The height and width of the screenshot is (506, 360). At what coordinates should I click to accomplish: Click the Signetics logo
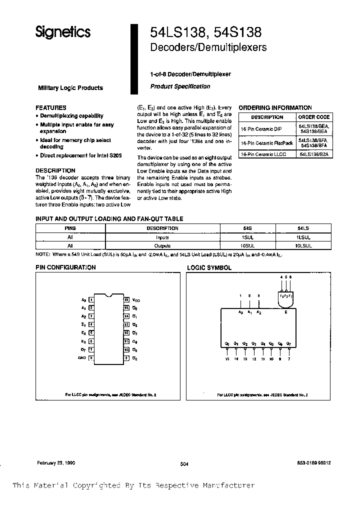click(x=62, y=32)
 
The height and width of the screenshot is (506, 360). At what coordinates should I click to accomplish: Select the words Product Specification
click(x=180, y=86)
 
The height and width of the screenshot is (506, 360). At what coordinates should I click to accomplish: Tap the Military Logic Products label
click(x=70, y=88)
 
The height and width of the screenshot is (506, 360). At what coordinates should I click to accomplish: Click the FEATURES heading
click(x=51, y=107)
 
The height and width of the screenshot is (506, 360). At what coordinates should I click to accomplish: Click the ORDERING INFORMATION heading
click(x=275, y=107)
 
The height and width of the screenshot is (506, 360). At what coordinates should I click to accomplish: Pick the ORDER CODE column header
click(x=314, y=117)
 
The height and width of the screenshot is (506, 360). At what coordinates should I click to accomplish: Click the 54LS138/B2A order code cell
click(x=314, y=155)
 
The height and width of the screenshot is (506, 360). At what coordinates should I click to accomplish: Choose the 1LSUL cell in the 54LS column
click(x=303, y=238)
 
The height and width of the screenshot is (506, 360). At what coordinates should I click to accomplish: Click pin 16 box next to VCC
click(x=127, y=300)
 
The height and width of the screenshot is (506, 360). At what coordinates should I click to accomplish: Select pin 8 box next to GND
click(x=91, y=358)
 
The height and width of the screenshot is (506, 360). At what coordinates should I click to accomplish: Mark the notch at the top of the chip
click(x=109, y=294)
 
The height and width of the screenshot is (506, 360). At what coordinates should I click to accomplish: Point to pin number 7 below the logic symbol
click(x=289, y=359)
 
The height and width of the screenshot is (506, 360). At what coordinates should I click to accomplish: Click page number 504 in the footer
click(x=184, y=464)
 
